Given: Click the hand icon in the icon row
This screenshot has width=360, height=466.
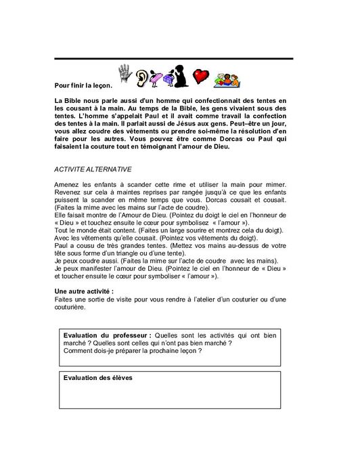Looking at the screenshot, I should pyautogui.click(x=125, y=75).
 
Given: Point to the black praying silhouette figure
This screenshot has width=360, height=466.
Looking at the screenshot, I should pyautogui.click(x=181, y=77).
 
